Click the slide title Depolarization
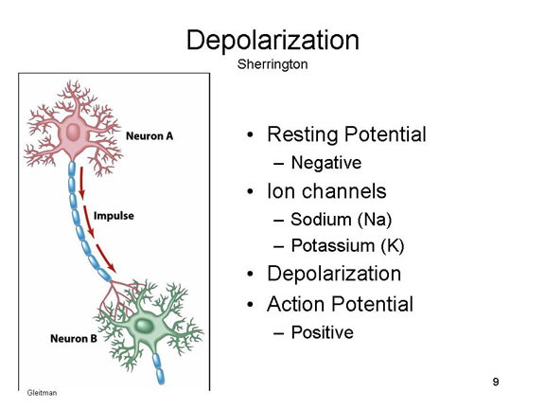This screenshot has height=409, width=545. pyautogui.click(x=272, y=41)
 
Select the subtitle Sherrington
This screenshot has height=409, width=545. pyautogui.click(x=272, y=64)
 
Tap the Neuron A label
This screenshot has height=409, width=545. pyautogui.click(x=149, y=136)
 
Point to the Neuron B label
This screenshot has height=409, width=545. pyautogui.click(x=74, y=338)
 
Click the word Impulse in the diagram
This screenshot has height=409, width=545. pyautogui.click(x=114, y=216)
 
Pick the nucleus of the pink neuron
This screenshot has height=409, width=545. pyautogui.click(x=73, y=133)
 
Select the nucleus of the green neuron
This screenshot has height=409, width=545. pyautogui.click(x=144, y=326)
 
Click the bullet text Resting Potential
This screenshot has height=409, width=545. pyautogui.click(x=346, y=134)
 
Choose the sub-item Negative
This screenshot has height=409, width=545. pyautogui.click(x=326, y=163)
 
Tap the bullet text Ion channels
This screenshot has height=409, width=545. pyautogui.click(x=326, y=191)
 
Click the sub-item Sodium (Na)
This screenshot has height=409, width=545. pyautogui.click(x=342, y=220)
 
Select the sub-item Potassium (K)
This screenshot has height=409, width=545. pyautogui.click(x=347, y=245)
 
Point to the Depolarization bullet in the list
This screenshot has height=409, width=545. pyautogui.click(x=334, y=274)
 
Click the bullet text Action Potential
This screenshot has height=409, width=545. pyautogui.click(x=340, y=304)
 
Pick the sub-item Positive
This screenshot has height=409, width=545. pyautogui.click(x=323, y=332)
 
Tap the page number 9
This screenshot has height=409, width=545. pyautogui.click(x=496, y=382)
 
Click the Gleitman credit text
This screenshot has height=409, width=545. pyautogui.click(x=42, y=393)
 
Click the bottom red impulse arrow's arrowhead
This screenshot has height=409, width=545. pyautogui.click(x=112, y=268)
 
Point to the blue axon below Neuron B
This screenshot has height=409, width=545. pyautogui.click(x=158, y=367)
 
